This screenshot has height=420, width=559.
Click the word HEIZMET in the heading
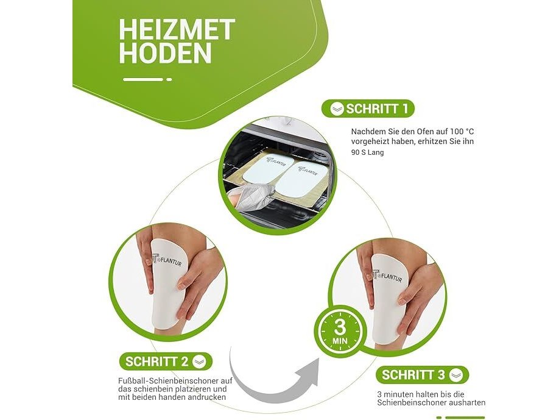[x=177, y=30]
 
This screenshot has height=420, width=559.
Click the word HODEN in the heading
[x=166, y=53]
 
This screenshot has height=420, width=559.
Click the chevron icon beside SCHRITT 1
[x=337, y=109]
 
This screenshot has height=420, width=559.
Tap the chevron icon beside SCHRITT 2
[x=199, y=361]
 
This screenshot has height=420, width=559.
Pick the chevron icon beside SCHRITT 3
[x=456, y=375]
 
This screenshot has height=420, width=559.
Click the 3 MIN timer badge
[x=340, y=332]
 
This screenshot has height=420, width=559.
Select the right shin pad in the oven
[x=303, y=180]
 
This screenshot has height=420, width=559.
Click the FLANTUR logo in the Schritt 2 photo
[x=167, y=260]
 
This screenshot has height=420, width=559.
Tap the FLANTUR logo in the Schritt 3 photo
[x=387, y=275]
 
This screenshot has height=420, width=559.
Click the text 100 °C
[x=462, y=131]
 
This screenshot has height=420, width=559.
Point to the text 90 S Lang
[x=368, y=152]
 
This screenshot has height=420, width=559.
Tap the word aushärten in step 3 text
[x=467, y=403]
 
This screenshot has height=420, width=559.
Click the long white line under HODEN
[x=143, y=79]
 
